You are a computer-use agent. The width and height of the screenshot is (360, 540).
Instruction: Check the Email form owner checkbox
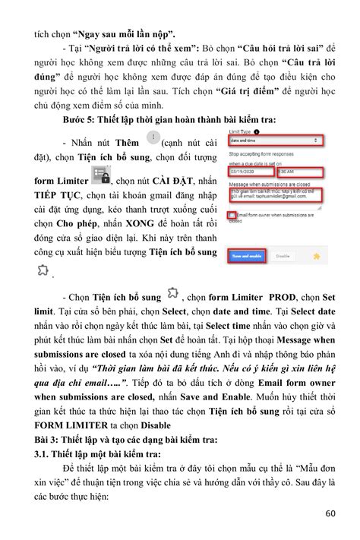pos(232,216)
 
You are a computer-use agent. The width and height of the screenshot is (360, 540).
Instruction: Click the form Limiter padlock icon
pos(101,180)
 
